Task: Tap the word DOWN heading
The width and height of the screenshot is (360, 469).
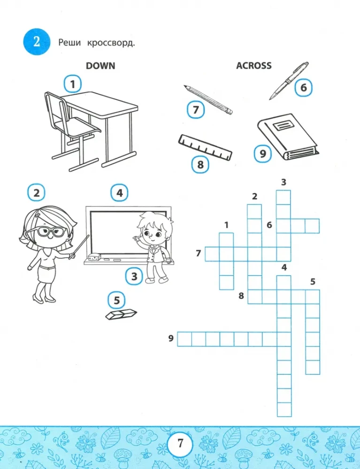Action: (x=100, y=66)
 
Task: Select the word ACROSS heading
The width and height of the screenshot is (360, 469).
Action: (x=253, y=66)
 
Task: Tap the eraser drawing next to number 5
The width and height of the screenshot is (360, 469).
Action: (x=121, y=315)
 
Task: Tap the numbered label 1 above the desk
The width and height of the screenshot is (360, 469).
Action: (x=72, y=84)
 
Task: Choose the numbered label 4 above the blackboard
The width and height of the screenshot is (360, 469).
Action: (x=120, y=193)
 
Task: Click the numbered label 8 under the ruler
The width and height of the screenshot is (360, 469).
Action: (x=200, y=165)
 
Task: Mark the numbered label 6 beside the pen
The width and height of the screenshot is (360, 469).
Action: (x=303, y=88)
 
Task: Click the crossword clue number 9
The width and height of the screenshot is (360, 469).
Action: (x=171, y=338)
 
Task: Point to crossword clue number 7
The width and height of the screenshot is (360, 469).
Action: (x=199, y=254)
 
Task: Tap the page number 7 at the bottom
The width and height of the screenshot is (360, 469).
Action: (x=180, y=442)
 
